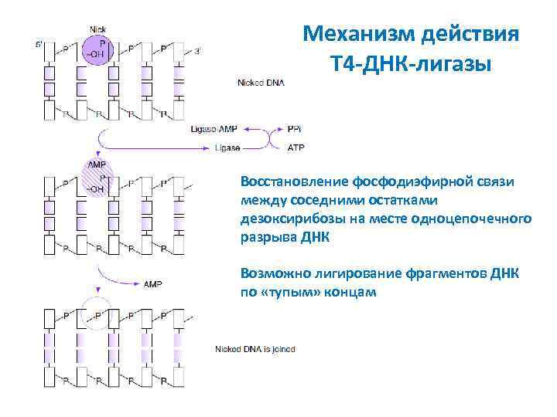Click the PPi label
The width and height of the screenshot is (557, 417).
pos(295,131)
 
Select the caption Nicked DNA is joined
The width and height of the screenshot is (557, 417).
pos(255,350)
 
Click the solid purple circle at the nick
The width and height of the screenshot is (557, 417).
pos(98,51)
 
